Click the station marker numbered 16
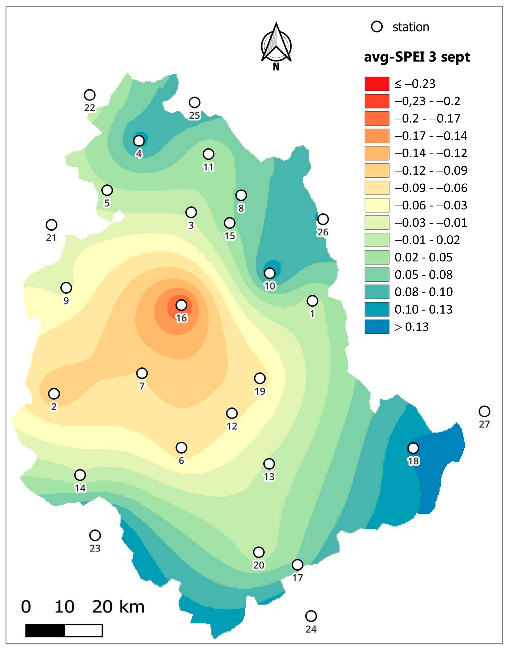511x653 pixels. pos(181,305)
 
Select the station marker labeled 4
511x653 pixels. pos(139,140)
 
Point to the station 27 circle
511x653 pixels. pos(484,411)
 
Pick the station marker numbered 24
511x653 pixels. pos(311,616)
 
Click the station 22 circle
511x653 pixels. pos(90,95)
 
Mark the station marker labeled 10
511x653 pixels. pos(270,273)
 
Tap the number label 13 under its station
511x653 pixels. pos(269,477)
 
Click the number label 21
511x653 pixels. pos(51,238)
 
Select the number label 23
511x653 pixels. pos(95,548)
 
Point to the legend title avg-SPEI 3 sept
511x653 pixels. pos(417,57)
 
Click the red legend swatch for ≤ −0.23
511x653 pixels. pos(377,84)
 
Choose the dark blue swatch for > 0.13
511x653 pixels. pos(377,327)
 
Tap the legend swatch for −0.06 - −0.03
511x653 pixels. pos(377,205)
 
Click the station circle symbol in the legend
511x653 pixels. pos(377,27)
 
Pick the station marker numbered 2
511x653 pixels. pos(54,394)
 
